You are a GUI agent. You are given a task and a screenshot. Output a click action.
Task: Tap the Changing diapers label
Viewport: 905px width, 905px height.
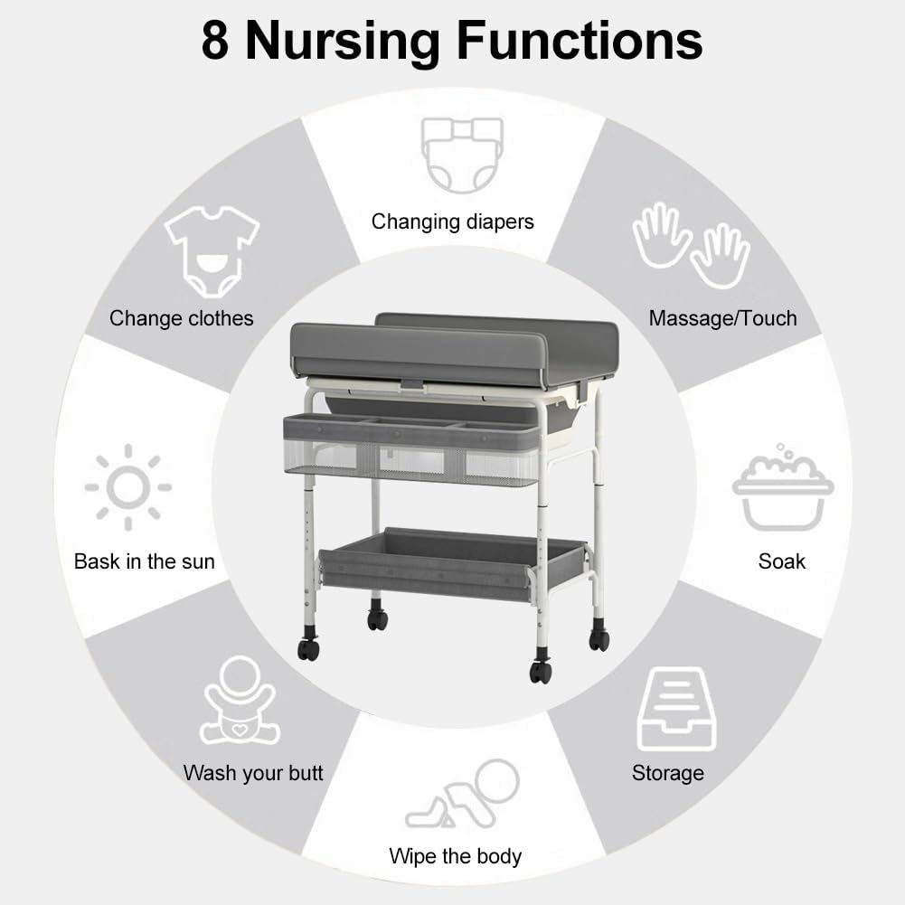click(453, 222)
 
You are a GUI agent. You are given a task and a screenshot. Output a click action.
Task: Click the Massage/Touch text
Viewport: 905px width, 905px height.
click(722, 318)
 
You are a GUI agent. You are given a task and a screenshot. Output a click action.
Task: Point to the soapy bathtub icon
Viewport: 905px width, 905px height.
click(782, 488)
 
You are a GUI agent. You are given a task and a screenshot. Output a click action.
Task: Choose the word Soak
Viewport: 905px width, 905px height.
click(782, 561)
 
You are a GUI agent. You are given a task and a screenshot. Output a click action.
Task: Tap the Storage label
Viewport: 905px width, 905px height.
click(667, 773)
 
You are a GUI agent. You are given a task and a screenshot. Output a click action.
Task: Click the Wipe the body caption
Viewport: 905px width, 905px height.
click(456, 855)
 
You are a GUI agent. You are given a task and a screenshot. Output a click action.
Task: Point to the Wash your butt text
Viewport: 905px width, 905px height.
click(253, 773)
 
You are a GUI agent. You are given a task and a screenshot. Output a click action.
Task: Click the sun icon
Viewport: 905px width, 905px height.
click(128, 487)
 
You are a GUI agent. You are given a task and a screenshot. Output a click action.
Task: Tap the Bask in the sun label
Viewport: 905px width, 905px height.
click(145, 561)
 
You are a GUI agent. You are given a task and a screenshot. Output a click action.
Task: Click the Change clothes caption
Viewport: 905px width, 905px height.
click(181, 318)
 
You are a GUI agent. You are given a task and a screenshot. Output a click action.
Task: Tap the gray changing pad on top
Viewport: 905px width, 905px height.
click(452, 348)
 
